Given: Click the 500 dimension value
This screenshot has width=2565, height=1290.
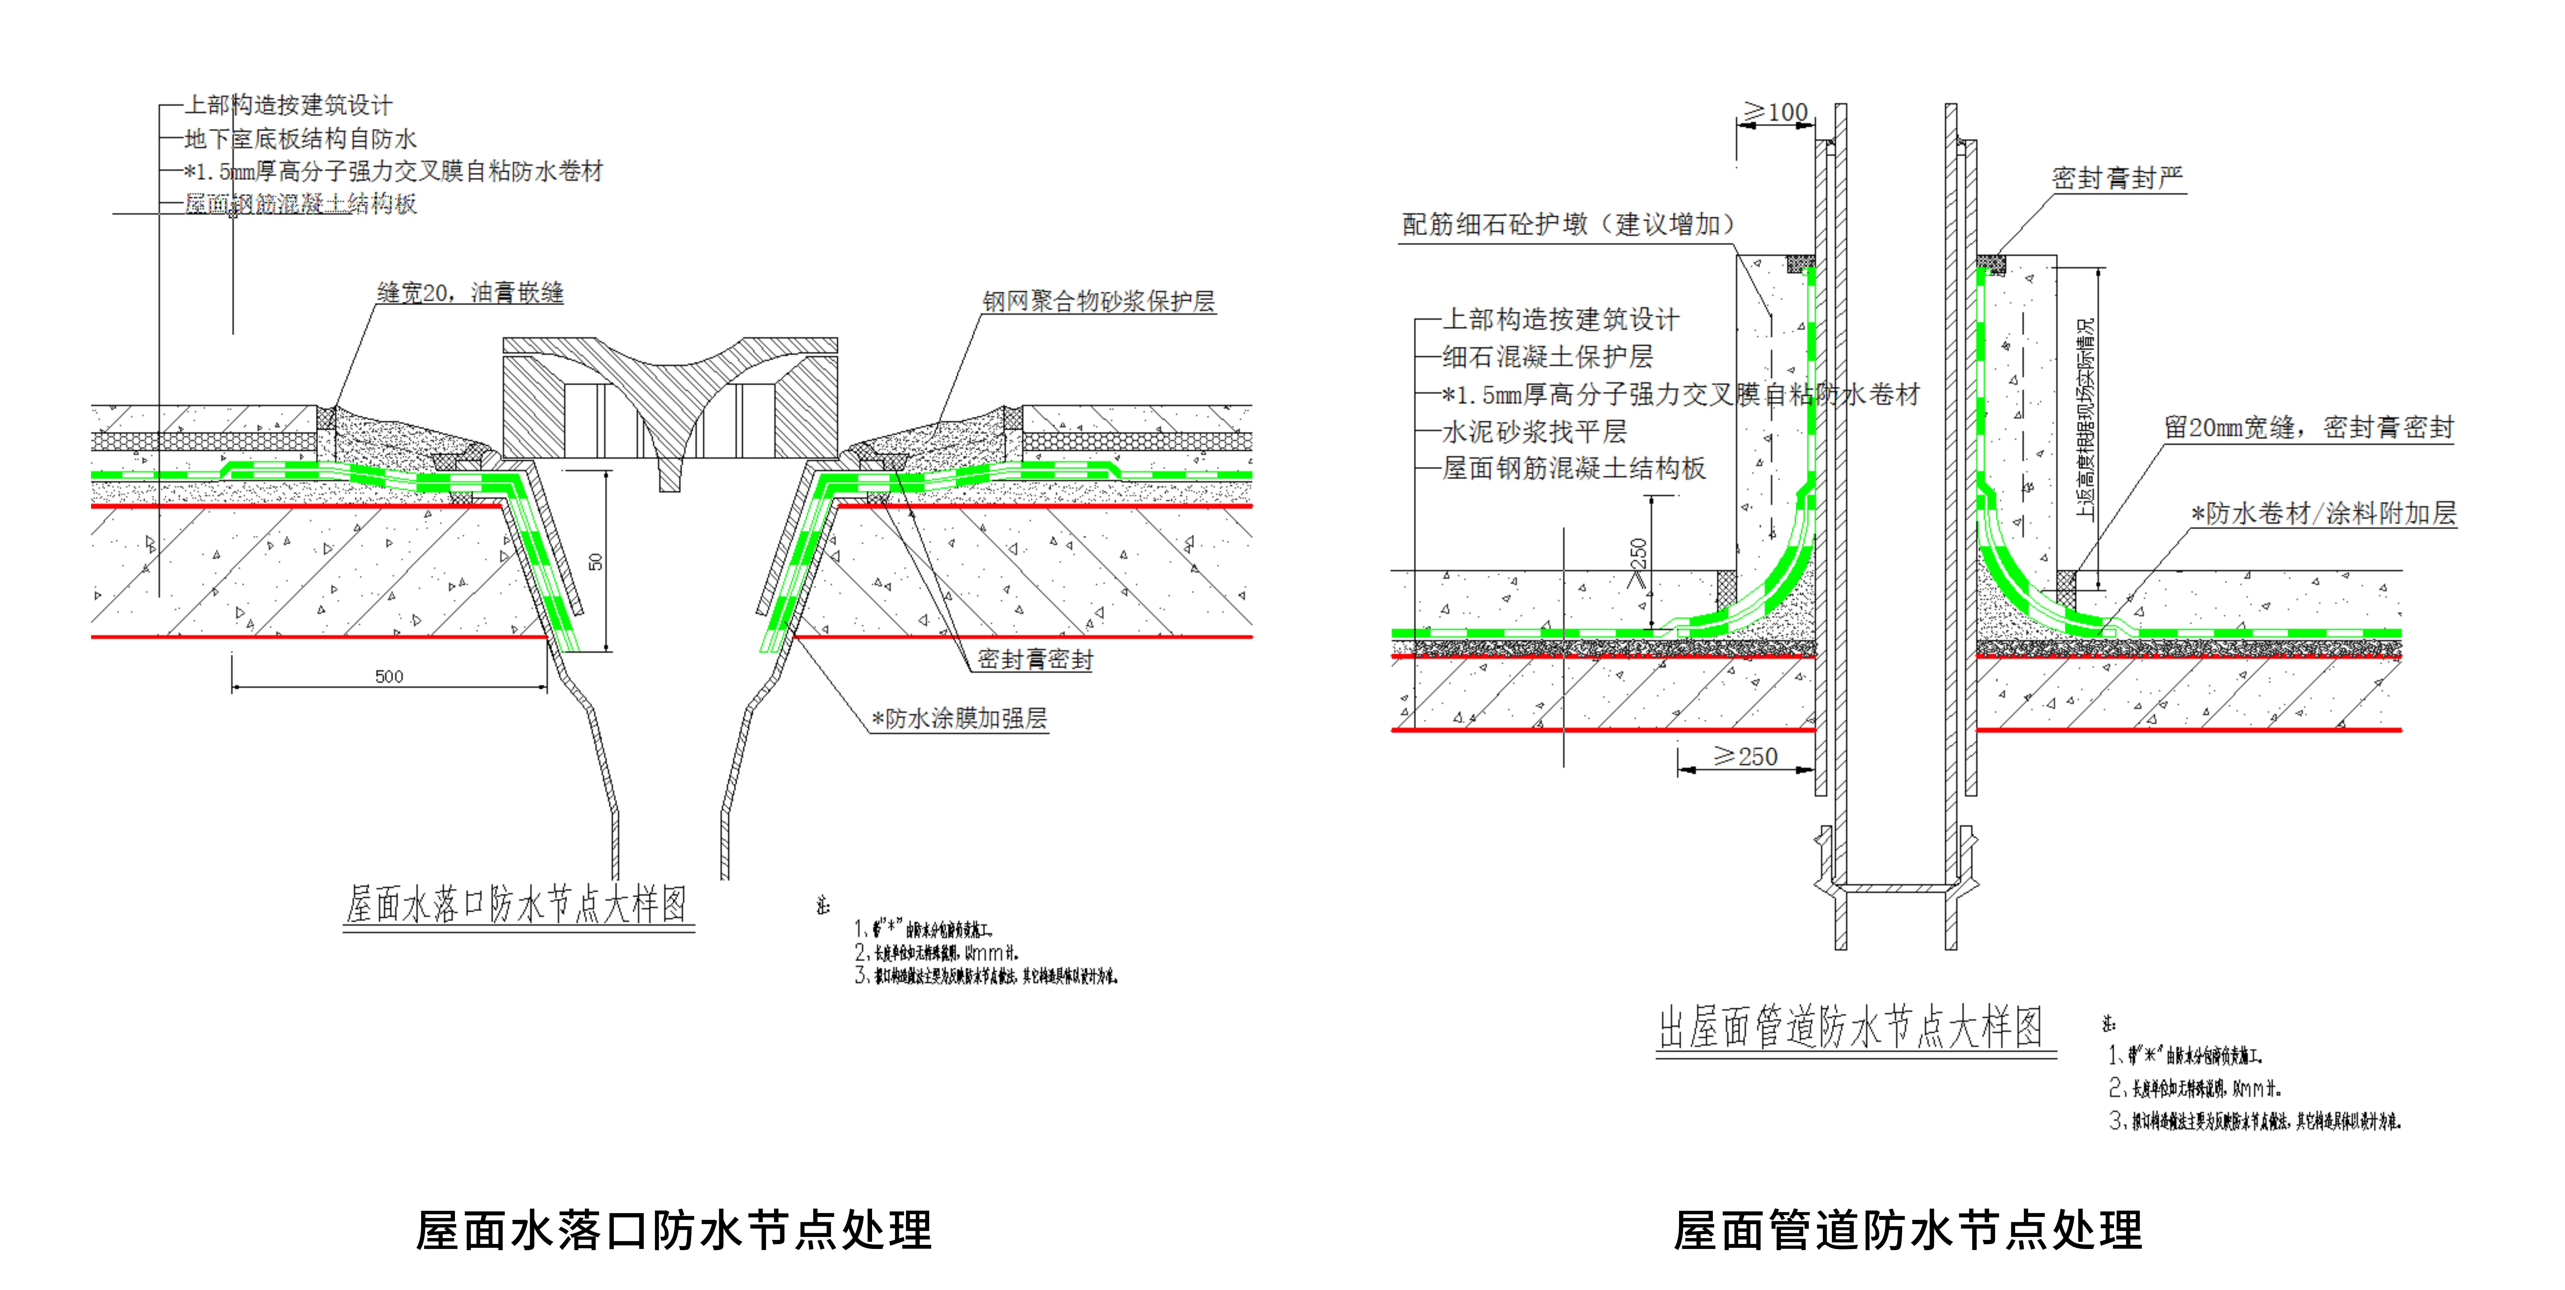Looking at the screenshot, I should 388,676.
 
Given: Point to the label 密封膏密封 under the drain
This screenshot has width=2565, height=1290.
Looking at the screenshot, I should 1036,659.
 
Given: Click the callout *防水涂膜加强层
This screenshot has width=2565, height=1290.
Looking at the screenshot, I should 959,718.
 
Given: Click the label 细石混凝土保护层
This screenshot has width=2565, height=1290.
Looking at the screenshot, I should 1548,357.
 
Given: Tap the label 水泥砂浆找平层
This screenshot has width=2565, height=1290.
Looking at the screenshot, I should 1535,431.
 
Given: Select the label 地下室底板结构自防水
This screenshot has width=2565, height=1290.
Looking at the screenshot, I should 301,138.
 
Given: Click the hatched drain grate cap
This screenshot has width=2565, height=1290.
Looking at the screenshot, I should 669,399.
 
